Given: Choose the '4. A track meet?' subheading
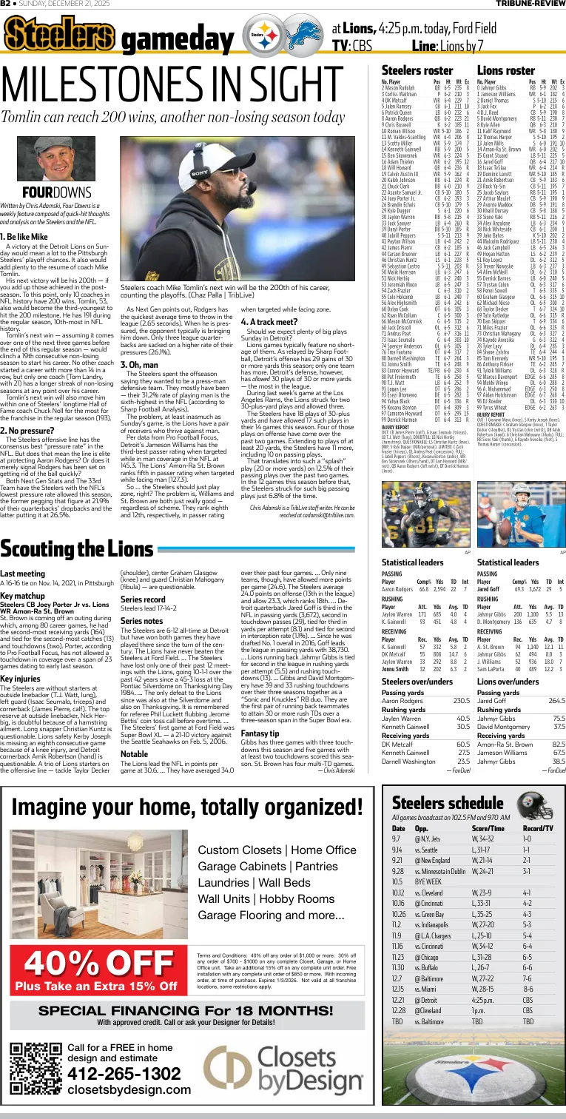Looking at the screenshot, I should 267,322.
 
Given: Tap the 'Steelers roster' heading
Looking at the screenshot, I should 411,70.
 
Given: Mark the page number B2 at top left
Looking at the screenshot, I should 6,4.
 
